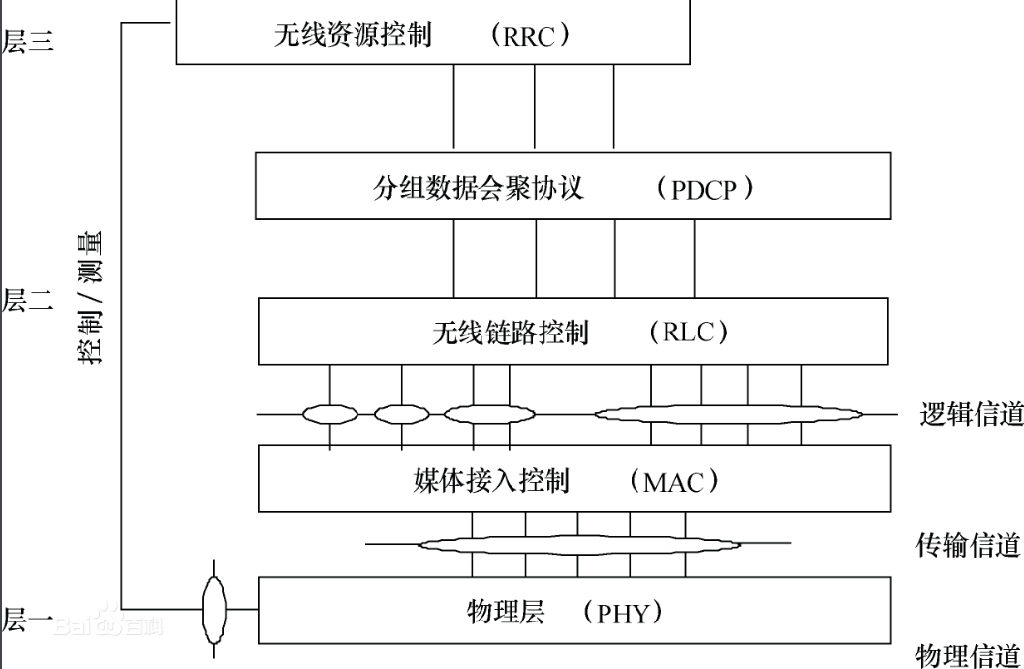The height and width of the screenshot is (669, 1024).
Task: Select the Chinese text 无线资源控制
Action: tap(353, 36)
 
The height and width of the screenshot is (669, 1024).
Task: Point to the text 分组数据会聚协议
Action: tap(479, 187)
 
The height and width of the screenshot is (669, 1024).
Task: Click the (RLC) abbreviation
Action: tap(689, 333)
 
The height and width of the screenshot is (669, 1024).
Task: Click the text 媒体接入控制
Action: tap(491, 481)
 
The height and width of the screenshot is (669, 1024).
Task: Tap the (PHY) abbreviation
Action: tap(629, 613)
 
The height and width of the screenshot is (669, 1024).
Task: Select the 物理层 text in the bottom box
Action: tap(506, 612)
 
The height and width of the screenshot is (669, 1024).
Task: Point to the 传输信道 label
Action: tap(969, 545)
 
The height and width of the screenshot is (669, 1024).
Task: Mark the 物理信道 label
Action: tap(969, 653)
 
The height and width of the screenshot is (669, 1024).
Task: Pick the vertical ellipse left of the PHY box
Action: tap(214, 609)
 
